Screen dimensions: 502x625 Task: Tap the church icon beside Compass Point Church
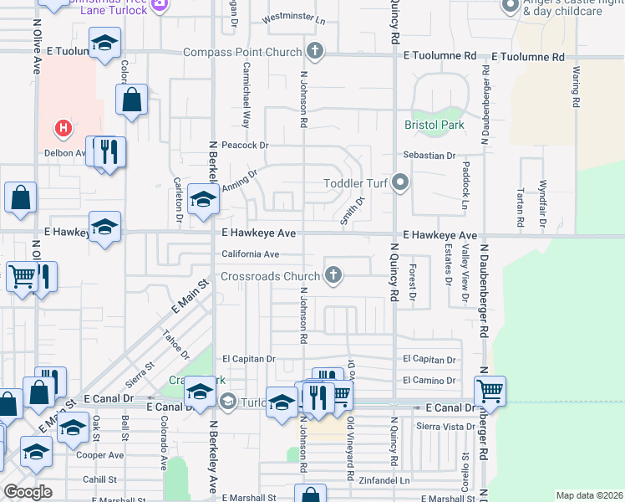(315, 52)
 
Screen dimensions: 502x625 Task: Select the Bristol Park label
(434, 125)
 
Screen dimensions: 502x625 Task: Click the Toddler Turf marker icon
(401, 182)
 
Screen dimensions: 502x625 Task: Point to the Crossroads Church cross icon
(333, 275)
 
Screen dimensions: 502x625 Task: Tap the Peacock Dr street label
(246, 146)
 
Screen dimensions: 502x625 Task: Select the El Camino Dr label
(429, 380)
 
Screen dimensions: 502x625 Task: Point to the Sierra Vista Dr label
(430, 427)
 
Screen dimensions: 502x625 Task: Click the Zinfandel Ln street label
(383, 481)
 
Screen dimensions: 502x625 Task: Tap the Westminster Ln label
(293, 18)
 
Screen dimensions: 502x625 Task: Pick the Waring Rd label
(575, 88)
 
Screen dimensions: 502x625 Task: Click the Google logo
(28, 492)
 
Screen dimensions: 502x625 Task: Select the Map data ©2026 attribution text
(588, 495)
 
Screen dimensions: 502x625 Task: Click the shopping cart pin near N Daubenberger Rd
(490, 391)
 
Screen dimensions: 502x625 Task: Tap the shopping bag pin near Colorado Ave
(132, 100)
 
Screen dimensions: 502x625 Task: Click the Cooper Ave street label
(99, 455)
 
